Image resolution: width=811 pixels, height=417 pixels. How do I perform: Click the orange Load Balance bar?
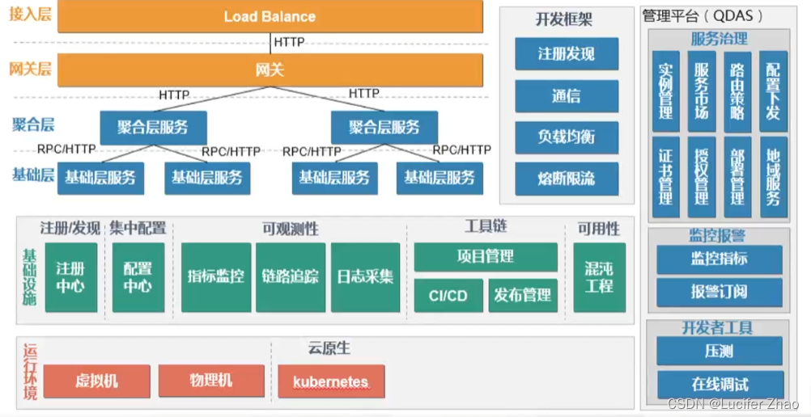click(270, 16)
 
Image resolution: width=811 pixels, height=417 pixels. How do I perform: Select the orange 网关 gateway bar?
click(270, 70)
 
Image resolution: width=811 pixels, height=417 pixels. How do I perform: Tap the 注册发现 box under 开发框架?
click(567, 54)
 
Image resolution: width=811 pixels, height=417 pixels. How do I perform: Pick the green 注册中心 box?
click(71, 277)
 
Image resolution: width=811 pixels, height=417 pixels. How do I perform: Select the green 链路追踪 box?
click(291, 277)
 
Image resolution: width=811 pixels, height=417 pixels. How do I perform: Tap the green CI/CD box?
click(448, 296)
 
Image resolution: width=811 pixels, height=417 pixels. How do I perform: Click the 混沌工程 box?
click(599, 277)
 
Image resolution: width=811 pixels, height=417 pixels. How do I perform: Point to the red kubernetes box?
click(331, 381)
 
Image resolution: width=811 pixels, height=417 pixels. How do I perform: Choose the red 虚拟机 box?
click(96, 381)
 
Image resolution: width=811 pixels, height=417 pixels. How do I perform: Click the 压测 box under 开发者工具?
click(720, 352)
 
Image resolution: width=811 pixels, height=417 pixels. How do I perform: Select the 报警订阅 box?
click(720, 292)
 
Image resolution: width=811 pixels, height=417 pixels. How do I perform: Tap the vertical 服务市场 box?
click(702, 91)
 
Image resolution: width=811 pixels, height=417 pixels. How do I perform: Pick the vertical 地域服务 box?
click(773, 176)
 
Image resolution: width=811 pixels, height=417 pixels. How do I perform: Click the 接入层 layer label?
click(29, 15)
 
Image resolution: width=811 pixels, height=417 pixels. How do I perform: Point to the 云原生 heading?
click(329, 348)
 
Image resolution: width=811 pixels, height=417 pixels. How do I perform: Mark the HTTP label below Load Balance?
click(289, 41)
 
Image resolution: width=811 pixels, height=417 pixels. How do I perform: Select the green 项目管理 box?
click(486, 257)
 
